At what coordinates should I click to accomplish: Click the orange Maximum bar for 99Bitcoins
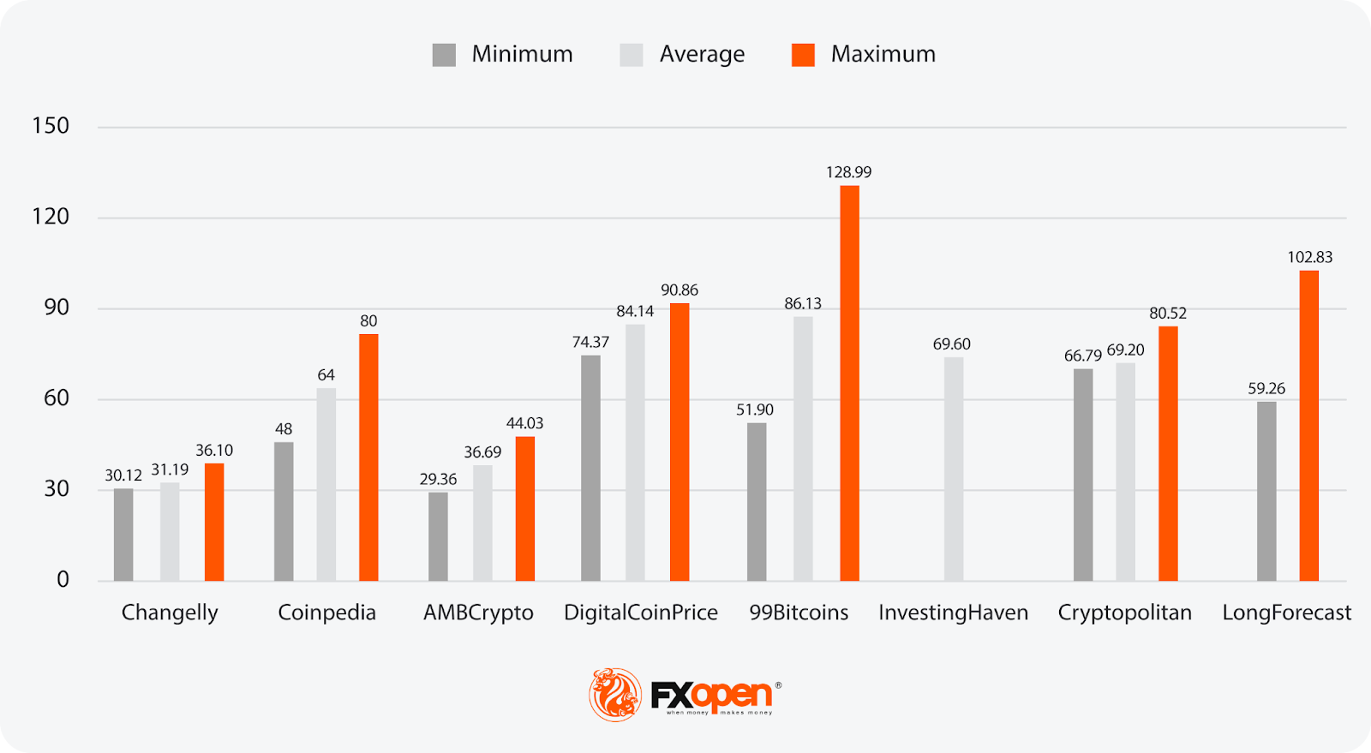point(849,383)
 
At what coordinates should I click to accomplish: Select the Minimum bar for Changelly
point(123,535)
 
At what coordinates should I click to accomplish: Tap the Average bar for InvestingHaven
point(954,469)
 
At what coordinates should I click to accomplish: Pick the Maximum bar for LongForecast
point(1308,426)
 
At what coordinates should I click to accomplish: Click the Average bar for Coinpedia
point(326,484)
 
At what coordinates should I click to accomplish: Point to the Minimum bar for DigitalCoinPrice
point(590,468)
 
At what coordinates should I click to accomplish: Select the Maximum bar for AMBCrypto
point(525,509)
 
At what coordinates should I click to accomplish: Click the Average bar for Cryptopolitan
point(1125,471)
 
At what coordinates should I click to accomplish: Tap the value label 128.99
point(848,172)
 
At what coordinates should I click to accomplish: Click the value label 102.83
point(1309,257)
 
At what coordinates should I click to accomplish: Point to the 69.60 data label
point(951,344)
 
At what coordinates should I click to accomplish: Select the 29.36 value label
point(438,479)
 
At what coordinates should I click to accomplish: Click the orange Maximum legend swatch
point(803,55)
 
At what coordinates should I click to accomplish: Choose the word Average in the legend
point(702,55)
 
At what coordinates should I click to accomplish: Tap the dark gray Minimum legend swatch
point(444,55)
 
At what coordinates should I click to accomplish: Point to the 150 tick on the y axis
point(51,126)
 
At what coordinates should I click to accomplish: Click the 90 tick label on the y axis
point(57,308)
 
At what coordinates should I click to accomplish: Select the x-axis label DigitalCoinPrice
point(640,613)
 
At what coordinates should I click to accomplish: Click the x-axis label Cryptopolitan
point(1124,613)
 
